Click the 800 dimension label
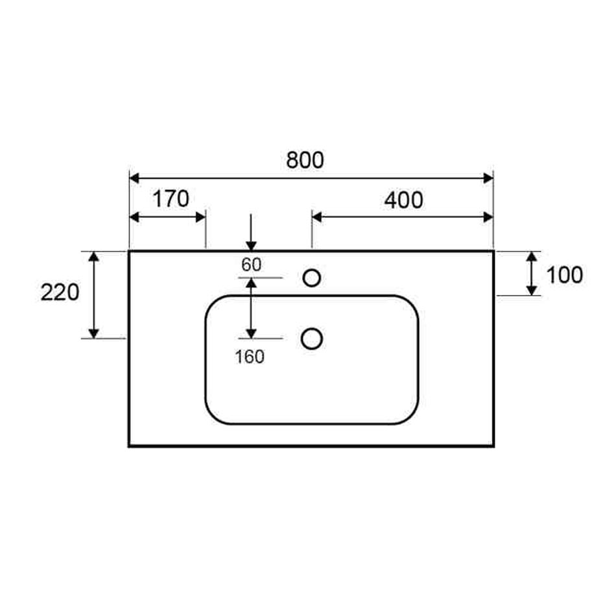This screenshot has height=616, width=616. (x=305, y=160)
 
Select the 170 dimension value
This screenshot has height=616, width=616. (x=171, y=199)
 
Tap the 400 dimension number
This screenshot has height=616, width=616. (x=403, y=200)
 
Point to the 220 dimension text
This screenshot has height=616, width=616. (x=60, y=292)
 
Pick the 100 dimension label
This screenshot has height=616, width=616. (x=565, y=275)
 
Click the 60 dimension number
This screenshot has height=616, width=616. (x=251, y=265)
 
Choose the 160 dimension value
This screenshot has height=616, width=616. (x=250, y=357)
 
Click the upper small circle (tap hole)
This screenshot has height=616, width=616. (x=312, y=278)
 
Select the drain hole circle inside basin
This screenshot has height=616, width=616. (x=311, y=338)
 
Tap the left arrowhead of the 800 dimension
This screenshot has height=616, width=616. (x=134, y=178)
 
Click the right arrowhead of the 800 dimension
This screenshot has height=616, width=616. (x=488, y=178)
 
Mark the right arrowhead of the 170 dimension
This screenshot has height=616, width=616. (x=201, y=217)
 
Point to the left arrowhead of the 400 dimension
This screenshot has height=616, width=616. (x=316, y=217)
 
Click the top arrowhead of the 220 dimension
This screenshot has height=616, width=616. (x=93, y=256)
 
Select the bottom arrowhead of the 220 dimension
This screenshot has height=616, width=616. (x=93, y=333)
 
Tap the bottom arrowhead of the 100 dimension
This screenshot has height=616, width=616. (x=532, y=290)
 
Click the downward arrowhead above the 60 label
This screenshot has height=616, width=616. (x=251, y=246)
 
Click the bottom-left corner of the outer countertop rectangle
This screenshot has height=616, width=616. (x=129, y=446)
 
